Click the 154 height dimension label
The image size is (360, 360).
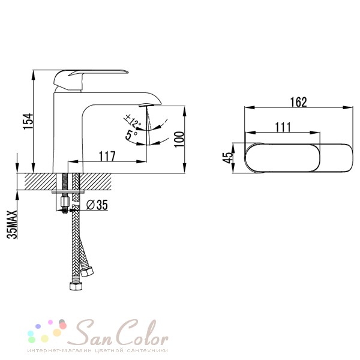pos(28,121)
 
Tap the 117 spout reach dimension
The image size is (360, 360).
pos(107,157)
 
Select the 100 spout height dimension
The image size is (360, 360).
pos(179,139)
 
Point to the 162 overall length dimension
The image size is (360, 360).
pos(298,103)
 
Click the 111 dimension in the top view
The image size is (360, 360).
pos(283,127)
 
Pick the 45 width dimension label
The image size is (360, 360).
pos(227,157)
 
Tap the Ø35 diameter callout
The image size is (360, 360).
pos(97,205)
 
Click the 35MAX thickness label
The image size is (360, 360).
pos(12,224)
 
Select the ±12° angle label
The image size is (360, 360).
pos(133,121)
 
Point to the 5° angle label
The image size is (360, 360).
pos(131,135)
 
